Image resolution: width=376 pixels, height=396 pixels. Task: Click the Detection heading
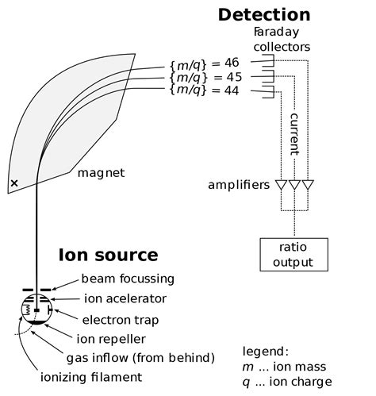[263, 14]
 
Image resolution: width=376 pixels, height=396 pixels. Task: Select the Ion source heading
[108, 255]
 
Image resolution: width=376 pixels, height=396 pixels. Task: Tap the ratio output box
[294, 255]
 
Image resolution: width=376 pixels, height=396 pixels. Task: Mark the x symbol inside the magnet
[13, 184]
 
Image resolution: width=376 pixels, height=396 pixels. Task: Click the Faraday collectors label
[282, 40]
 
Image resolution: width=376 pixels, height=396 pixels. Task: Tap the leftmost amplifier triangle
[281, 185]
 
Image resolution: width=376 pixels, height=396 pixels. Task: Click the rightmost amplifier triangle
[308, 185]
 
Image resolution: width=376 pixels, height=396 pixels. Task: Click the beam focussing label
[129, 279]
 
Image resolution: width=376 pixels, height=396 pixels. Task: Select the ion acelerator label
[125, 298]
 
